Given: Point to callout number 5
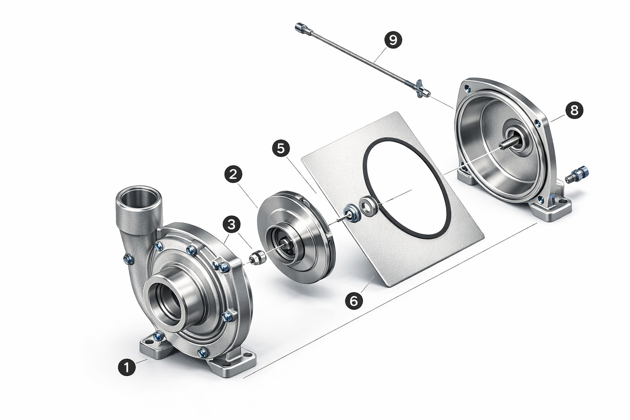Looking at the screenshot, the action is click(281, 148).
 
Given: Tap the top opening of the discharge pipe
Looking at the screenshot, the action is click(139, 194).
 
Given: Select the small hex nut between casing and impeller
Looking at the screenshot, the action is click(256, 258).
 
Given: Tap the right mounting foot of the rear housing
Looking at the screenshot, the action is click(551, 208).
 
